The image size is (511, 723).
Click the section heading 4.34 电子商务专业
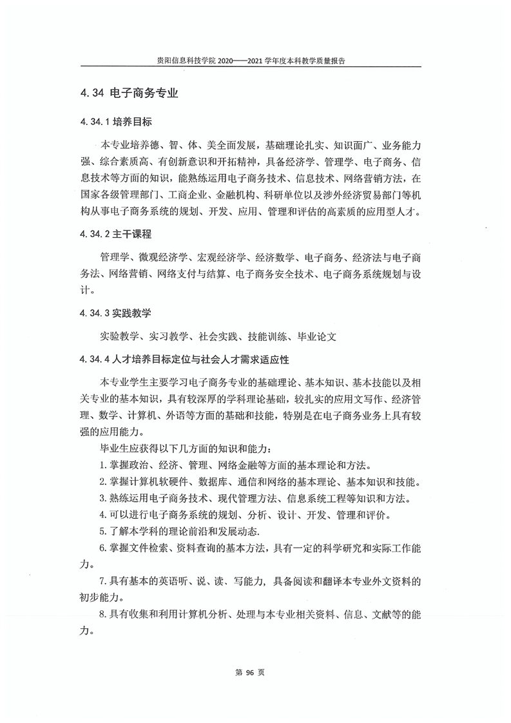tap(129, 93)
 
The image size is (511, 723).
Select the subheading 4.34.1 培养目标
tap(115, 122)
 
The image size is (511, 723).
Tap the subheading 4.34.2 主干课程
tap(115, 233)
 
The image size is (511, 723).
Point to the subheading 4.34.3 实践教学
tap(115, 313)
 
